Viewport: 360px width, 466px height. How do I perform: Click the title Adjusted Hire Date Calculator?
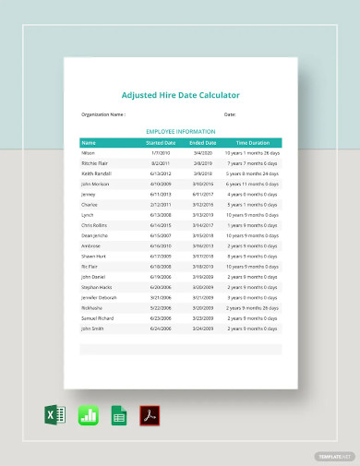pos(180,94)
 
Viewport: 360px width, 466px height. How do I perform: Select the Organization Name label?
pos(103,114)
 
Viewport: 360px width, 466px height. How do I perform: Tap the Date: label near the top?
pos(230,114)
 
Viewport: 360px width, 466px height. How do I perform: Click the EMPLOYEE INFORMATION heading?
pos(180,132)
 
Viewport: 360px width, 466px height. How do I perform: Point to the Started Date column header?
pos(161,143)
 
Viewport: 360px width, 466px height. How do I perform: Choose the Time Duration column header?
pos(252,143)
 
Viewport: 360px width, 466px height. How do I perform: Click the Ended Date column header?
pos(203,143)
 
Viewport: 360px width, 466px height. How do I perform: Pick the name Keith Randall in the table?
pos(96,173)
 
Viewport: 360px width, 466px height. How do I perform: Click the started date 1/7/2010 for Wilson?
pos(161,152)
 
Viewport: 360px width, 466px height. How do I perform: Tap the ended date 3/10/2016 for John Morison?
pos(203,184)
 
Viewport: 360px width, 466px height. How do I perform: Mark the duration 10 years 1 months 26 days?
pos(252,152)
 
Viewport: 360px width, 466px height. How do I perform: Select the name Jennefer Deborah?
pos(100,297)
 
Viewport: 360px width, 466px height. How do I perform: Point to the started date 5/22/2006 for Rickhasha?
pos(161,307)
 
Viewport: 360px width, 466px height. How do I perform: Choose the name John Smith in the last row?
pos(93,328)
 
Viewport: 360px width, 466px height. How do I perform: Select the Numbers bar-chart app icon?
pos(88,415)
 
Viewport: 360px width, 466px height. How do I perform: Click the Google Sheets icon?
pos(118,415)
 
